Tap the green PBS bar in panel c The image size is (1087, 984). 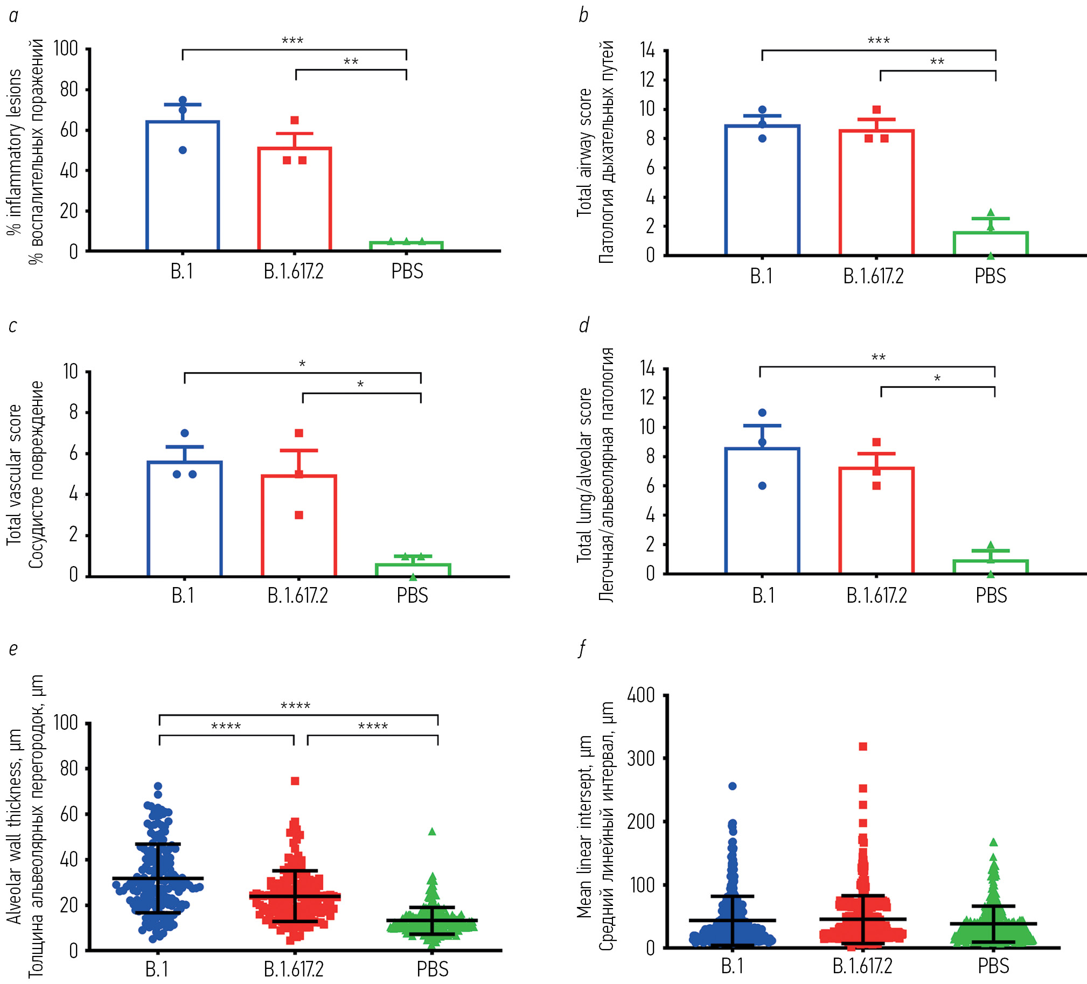click(413, 570)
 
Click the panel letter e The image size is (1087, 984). click(13, 648)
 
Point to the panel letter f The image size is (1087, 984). click(582, 648)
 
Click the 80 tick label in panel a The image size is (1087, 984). click(69, 89)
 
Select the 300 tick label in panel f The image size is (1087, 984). click(640, 759)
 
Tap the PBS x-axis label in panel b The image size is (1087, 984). click(990, 276)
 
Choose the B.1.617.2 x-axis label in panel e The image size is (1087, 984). click(294, 969)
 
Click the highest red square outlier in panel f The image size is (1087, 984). click(863, 747)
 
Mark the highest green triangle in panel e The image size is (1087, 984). click(432, 832)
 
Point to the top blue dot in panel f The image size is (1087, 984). click(732, 786)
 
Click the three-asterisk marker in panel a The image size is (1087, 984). click(292, 41)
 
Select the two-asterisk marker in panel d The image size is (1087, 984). click(879, 358)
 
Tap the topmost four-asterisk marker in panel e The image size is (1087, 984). click(296, 706)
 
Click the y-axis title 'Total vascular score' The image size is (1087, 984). click(15, 474)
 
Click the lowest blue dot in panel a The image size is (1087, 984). click(182, 150)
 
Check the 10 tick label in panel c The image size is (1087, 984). click(71, 372)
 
